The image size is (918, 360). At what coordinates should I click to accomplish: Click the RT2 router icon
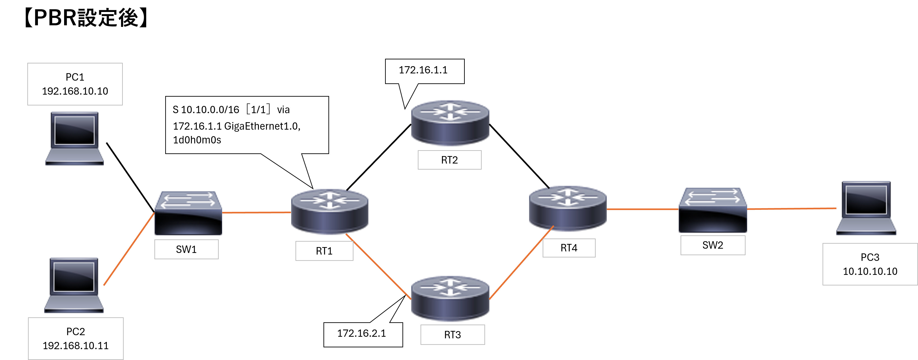pyautogui.click(x=450, y=123)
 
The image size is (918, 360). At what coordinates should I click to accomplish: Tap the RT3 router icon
pyautogui.click(x=450, y=299)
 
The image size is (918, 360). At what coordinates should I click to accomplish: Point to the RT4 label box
pyautogui.click(x=569, y=248)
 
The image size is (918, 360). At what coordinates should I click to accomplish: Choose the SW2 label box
pyautogui.click(x=713, y=245)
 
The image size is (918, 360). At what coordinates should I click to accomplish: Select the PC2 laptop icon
pyautogui.click(x=74, y=285)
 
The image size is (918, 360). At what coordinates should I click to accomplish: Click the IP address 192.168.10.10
pyautogui.click(x=75, y=91)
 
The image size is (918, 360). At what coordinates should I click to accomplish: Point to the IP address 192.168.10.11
pyautogui.click(x=76, y=346)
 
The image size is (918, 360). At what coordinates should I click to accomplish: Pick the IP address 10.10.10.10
pyautogui.click(x=870, y=271)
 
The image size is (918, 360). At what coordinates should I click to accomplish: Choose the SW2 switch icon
pyautogui.click(x=713, y=210)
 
